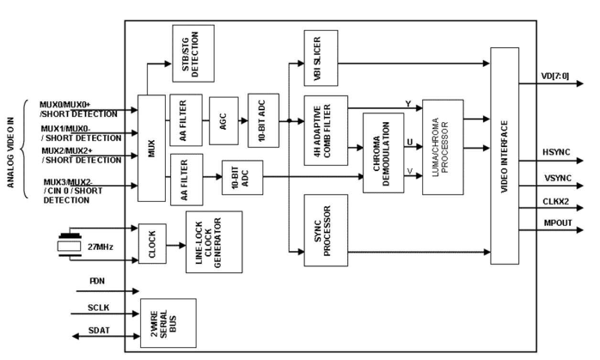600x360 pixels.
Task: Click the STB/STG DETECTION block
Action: (x=193, y=53)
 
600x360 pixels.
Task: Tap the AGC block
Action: (x=224, y=121)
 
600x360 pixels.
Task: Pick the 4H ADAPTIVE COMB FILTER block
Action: (x=326, y=130)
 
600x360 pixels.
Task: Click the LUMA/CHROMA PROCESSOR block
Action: (x=443, y=147)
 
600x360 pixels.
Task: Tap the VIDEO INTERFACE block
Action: (x=504, y=156)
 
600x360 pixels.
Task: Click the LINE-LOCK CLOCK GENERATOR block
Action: (x=214, y=242)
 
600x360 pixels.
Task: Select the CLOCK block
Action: (x=152, y=244)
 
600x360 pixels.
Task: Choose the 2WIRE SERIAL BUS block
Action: (x=168, y=323)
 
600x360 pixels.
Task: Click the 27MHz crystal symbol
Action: (x=70, y=246)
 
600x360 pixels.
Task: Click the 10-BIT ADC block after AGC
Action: (x=263, y=120)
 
